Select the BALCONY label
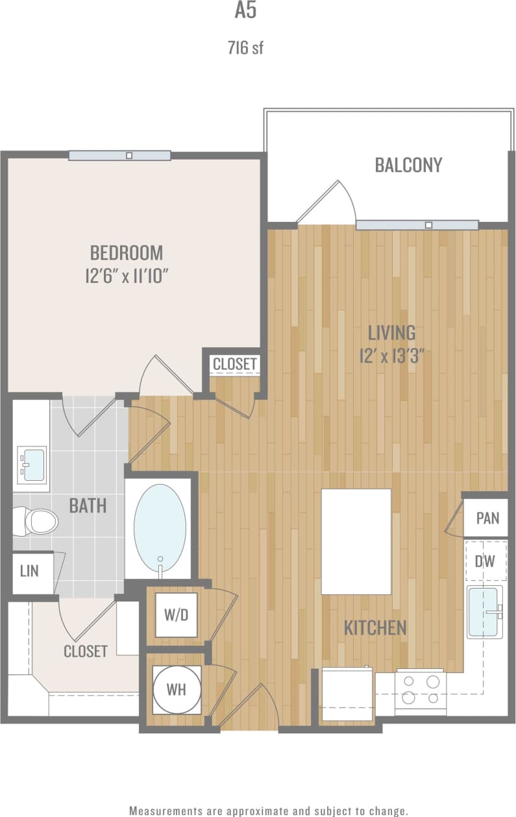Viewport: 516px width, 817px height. (408, 165)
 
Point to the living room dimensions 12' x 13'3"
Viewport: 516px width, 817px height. (391, 356)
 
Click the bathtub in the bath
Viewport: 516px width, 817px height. (160, 528)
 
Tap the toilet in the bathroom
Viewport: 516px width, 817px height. (40, 520)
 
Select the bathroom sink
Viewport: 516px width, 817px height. (32, 464)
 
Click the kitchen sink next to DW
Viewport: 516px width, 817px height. (484, 612)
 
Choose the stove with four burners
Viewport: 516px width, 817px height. (421, 689)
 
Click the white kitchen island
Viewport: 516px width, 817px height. (356, 541)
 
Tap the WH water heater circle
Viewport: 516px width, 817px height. (176, 689)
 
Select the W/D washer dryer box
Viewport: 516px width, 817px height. (176, 614)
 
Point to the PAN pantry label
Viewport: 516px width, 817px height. (487, 518)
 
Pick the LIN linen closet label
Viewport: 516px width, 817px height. (29, 571)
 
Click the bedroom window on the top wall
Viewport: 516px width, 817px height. (119, 156)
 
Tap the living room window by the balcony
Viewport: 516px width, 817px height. (417, 225)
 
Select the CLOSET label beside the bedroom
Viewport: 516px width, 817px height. (234, 364)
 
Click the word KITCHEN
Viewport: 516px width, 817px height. (375, 628)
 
